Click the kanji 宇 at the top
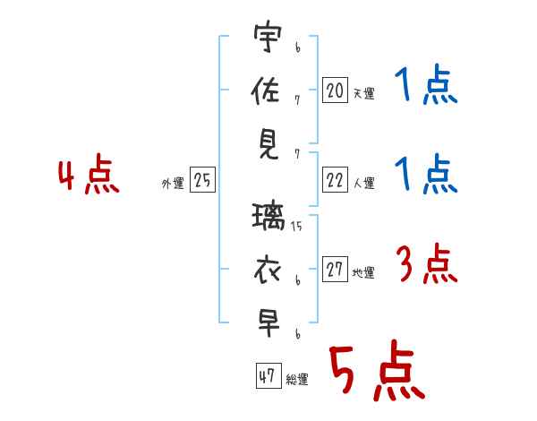pos(268,37)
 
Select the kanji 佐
pos(266,90)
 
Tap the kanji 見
pos(268,145)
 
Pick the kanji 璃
pos(268,217)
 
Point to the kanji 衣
pos(268,271)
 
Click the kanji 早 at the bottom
pos(268,324)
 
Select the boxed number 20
pos(335,90)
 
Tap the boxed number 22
pos(335,180)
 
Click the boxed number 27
pos(335,269)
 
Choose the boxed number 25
pos(202,180)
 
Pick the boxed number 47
pos(268,375)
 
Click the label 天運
pos(363,93)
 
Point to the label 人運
pos(364,183)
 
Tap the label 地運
pos(363,272)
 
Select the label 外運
pos(173,184)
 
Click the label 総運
pos(297,380)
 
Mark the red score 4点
pos(89,174)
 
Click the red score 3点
pos(427,263)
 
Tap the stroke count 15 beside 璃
pos(296,227)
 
